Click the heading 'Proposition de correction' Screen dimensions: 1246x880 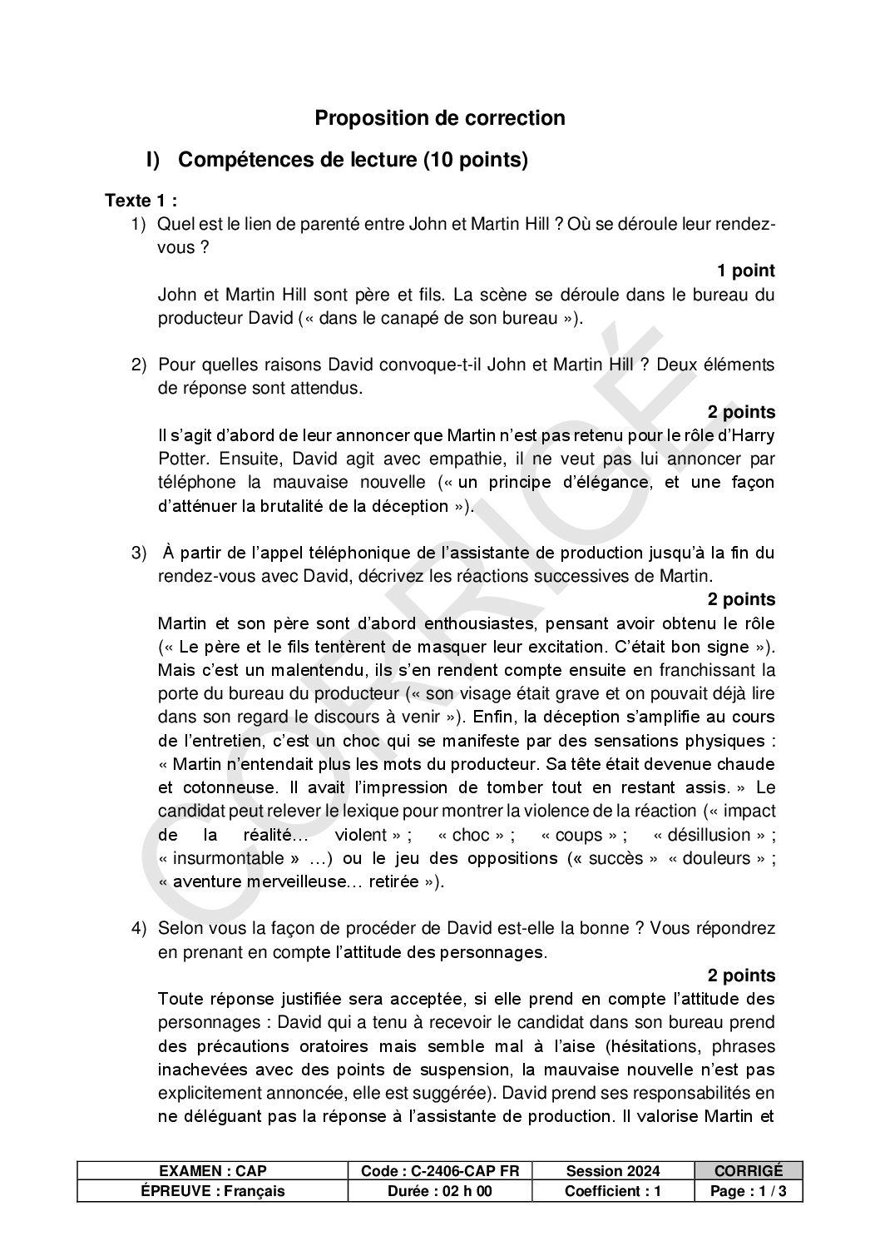tap(439, 118)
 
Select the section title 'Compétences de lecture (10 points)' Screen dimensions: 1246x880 tap(353, 160)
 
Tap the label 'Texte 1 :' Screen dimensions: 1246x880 tap(141, 201)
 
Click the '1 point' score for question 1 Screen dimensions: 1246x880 tap(745, 271)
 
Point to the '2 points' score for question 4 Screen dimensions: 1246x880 tap(741, 975)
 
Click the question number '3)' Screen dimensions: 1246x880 tap(139, 554)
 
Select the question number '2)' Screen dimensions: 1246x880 tap(139, 365)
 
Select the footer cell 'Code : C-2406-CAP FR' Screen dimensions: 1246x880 tap(440, 1171)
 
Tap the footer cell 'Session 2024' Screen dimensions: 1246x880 tap(612, 1171)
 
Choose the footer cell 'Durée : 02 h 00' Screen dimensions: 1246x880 tap(440, 1191)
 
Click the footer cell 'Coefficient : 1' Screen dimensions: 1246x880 tap(612, 1191)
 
